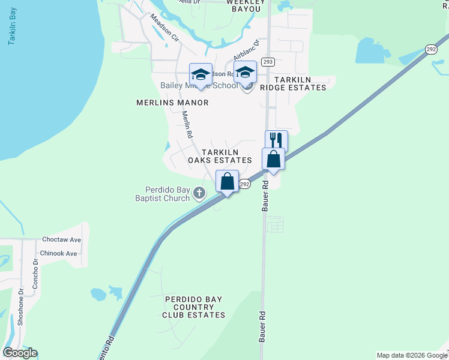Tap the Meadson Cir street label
(164, 28)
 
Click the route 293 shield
(268, 62)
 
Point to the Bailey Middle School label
(199, 86)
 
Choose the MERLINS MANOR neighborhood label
(172, 103)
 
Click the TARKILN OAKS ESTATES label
(219, 157)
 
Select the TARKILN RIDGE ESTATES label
(300, 83)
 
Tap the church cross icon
(200, 193)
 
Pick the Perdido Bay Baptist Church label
(162, 194)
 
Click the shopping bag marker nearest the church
(227, 181)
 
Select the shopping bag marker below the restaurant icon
(273, 160)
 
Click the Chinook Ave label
(59, 253)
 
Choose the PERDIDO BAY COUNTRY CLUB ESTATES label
(195, 307)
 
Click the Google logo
(20, 352)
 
